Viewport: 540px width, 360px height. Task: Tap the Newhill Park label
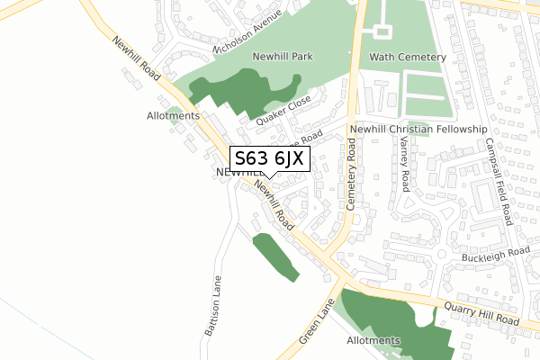point(283,57)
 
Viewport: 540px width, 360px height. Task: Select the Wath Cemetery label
point(407,57)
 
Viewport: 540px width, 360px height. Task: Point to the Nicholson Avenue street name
point(249,31)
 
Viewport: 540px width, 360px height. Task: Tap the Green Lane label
point(315,327)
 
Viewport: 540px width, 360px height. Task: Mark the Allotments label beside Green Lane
point(373,341)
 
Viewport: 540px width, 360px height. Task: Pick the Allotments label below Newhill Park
point(172,116)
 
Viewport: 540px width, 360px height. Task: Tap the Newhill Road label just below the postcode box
point(274,204)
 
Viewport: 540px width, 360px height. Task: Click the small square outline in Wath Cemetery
point(382,31)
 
